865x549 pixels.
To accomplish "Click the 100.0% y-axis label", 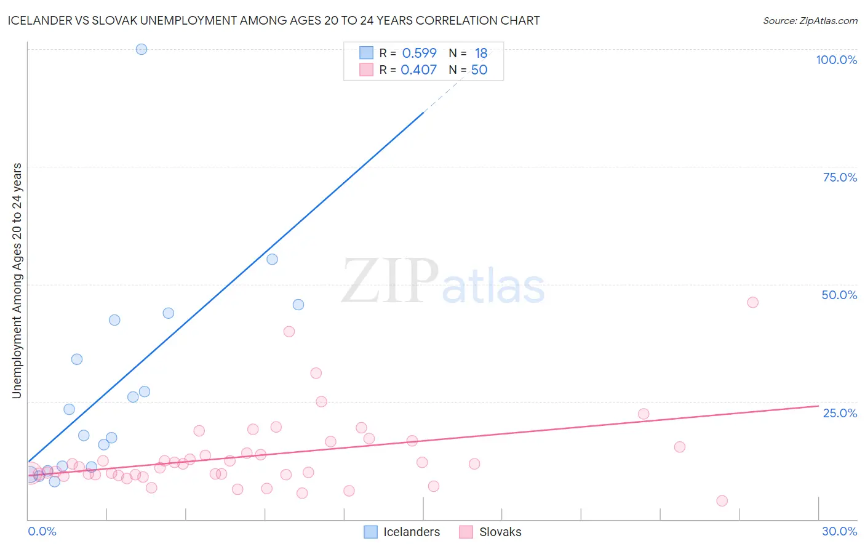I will point(836,60).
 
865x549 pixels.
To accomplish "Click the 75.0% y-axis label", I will point(840,177).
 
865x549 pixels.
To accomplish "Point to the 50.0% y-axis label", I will point(839,295).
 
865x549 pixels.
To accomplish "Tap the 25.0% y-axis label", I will point(840,412).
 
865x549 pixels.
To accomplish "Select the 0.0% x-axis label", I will point(42,531).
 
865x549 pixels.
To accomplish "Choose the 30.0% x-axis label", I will point(839,531).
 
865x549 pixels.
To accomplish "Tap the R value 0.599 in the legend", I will point(419,53).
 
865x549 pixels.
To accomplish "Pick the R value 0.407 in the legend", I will point(418,70).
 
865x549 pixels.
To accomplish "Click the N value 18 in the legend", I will point(480,53).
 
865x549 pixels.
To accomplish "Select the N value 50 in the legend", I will point(479,70).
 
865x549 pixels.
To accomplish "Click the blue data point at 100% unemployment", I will point(142,49).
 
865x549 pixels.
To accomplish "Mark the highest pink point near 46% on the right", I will point(752,302).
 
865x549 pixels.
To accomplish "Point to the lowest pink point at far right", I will point(722,501).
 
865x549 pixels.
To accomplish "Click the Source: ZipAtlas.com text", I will point(810,20).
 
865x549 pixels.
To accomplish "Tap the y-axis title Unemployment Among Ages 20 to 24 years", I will point(17,281).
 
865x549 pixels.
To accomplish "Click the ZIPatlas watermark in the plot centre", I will point(443,282).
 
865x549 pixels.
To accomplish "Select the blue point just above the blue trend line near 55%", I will point(272,259).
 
